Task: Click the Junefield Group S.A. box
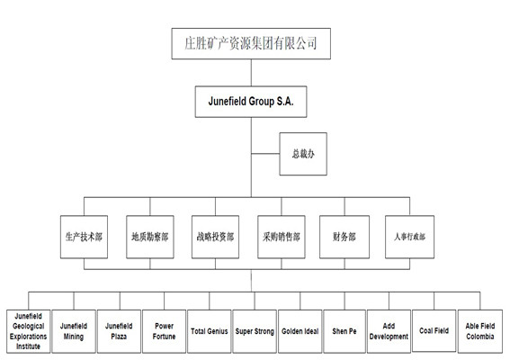pos(251,102)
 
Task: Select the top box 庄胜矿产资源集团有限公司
pos(251,43)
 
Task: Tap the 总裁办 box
pos(303,154)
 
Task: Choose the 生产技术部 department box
pos(84,237)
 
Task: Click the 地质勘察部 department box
pos(150,237)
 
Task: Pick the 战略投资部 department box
pos(215,237)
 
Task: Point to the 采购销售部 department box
pos(282,237)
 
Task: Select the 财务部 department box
pos(344,237)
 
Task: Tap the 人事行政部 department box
pos(409,237)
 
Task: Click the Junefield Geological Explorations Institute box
pos(28,331)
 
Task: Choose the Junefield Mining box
pos(74,331)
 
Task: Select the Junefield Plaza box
pos(119,331)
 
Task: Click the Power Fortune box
pos(164,331)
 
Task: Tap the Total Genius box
pos(210,331)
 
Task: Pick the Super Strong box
pos(255,331)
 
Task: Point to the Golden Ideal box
pos(300,331)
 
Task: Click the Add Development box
pos(389,331)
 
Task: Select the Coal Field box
pos(434,330)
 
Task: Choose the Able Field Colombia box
pos(480,331)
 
